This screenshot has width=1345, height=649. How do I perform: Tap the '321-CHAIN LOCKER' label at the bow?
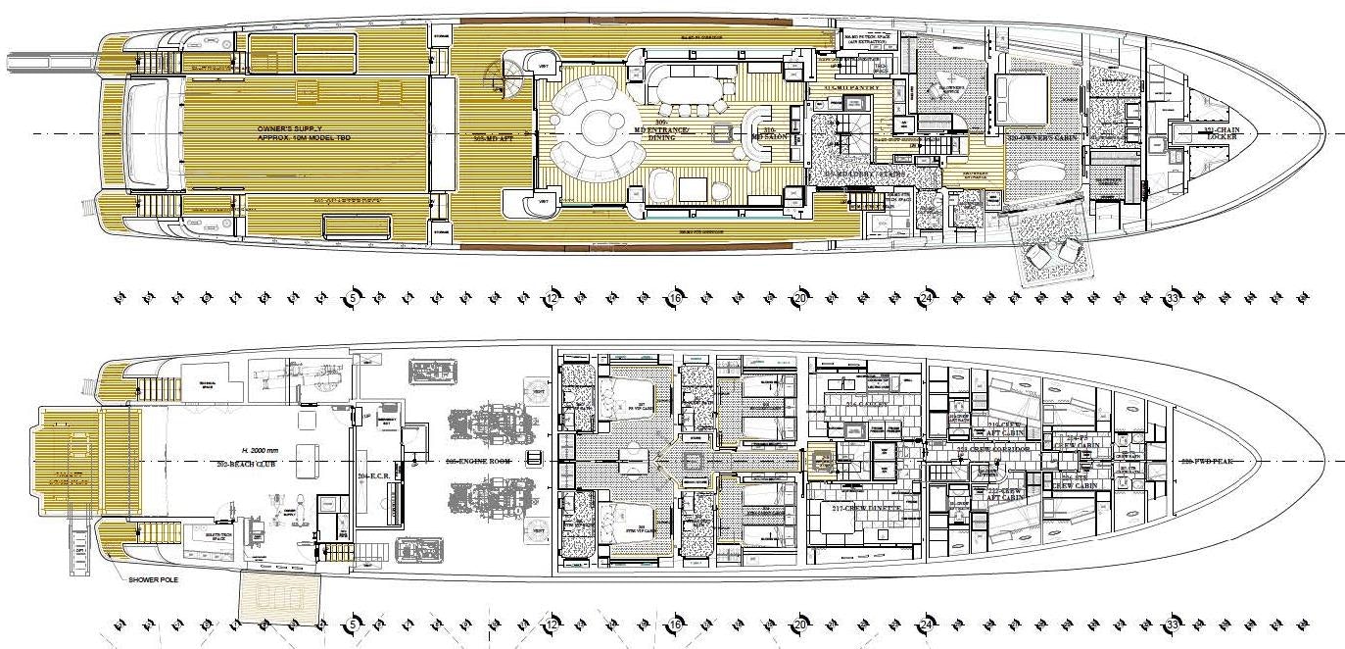click(1221, 133)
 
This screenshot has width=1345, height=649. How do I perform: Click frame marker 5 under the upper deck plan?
click(352, 297)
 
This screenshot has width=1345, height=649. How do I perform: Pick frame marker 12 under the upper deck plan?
click(552, 297)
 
